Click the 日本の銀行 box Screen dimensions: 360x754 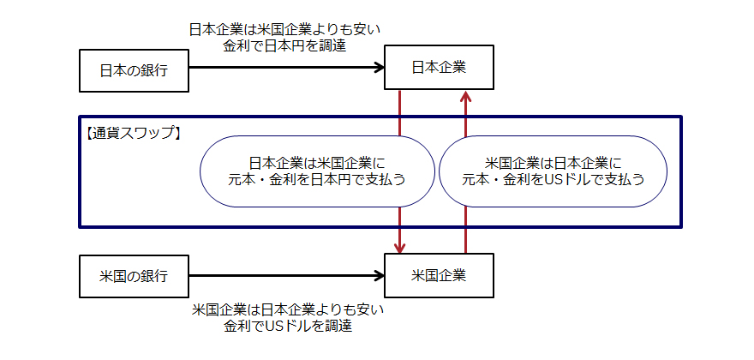133,69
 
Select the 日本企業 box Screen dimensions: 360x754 439,67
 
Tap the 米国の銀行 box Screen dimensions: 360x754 133,276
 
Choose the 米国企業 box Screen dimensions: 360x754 439,275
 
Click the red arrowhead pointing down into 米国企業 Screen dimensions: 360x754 400,246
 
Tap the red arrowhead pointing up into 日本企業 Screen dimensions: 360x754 465,97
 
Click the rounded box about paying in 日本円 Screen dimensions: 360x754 317,171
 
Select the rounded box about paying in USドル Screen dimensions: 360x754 554,171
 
